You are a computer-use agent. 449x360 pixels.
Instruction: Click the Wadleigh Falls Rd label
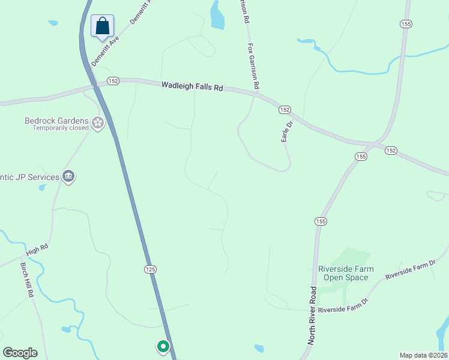(192, 86)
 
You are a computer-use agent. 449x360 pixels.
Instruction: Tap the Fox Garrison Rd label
(253, 66)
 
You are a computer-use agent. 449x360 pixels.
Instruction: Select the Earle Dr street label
(287, 132)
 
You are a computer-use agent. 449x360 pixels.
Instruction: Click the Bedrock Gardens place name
(56, 120)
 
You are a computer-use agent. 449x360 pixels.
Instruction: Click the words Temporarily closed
(61, 128)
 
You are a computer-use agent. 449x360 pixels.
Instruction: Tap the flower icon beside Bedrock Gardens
(98, 124)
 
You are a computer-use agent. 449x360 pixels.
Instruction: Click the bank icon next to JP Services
(68, 177)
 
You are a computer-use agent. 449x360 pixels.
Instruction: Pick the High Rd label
(37, 249)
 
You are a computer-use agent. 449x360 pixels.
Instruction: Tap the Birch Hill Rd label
(28, 280)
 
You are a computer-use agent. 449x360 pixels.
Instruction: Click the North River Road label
(313, 314)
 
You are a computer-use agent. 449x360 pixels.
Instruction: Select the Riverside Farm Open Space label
(343, 273)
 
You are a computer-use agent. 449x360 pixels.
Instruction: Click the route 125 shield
(150, 269)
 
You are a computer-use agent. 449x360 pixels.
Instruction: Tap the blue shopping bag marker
(103, 26)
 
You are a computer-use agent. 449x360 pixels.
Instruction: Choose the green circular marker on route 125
(163, 346)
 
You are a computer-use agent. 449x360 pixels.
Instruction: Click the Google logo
(20, 353)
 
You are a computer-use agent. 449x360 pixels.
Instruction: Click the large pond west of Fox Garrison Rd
(217, 15)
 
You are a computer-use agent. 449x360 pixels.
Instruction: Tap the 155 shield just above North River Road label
(321, 221)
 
